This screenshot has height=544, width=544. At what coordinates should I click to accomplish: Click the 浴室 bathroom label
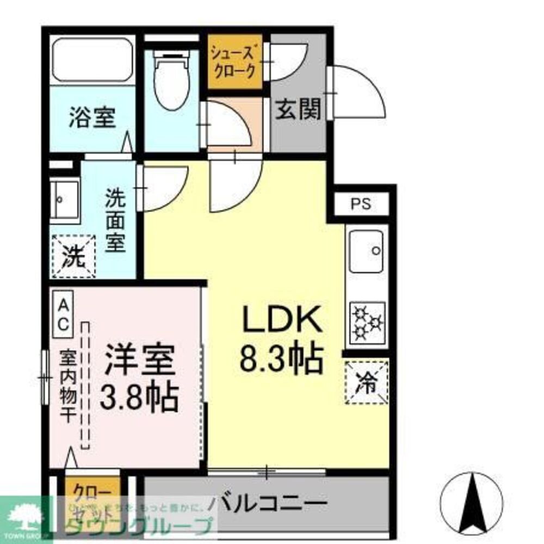[92, 118]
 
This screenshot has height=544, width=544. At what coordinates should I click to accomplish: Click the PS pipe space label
[360, 205]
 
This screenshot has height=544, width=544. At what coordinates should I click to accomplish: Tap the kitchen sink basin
[366, 251]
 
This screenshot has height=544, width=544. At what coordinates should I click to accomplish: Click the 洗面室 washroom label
[115, 220]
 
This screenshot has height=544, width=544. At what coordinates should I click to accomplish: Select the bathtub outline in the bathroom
[93, 60]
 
